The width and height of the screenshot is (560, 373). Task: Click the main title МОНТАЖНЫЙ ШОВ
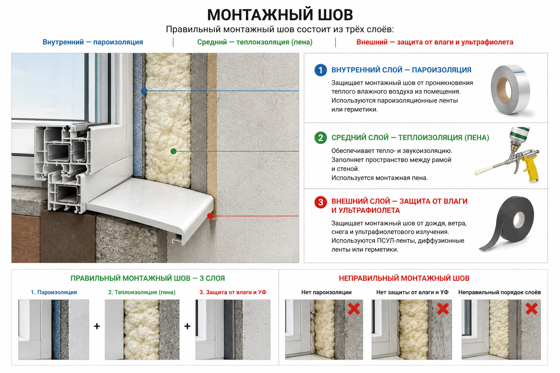pyautogui.click(x=280, y=15)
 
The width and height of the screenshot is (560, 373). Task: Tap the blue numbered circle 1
pyautogui.click(x=320, y=70)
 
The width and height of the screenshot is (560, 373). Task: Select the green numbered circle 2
pyautogui.click(x=320, y=138)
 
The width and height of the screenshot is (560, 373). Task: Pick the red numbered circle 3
pyautogui.click(x=320, y=202)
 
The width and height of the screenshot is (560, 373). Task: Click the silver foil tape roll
pyautogui.click(x=510, y=90)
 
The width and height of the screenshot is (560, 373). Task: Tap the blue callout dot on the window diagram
pyautogui.click(x=144, y=91)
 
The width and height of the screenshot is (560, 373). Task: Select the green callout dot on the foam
pyautogui.click(x=174, y=151)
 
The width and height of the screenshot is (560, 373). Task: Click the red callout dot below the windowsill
pyautogui.click(x=210, y=216)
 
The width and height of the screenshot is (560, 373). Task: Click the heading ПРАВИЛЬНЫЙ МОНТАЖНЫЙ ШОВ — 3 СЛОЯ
pyautogui.click(x=148, y=278)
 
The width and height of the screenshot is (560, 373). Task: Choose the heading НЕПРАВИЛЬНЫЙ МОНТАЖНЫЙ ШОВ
pyautogui.click(x=404, y=278)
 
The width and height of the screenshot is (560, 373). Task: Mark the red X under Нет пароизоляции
pyautogui.click(x=354, y=309)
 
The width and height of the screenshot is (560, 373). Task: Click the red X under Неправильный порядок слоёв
pyautogui.click(x=532, y=309)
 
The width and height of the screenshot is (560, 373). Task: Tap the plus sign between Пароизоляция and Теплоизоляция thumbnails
pyautogui.click(x=97, y=326)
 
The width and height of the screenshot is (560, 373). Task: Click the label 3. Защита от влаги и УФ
pyautogui.click(x=233, y=292)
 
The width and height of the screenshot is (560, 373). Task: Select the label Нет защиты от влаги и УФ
pyautogui.click(x=412, y=292)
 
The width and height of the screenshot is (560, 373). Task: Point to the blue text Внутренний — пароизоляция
pyautogui.click(x=93, y=42)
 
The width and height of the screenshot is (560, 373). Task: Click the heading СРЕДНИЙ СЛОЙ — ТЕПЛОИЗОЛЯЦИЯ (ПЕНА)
pyautogui.click(x=410, y=138)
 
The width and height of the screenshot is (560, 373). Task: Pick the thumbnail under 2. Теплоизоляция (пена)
pyautogui.click(x=142, y=330)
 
